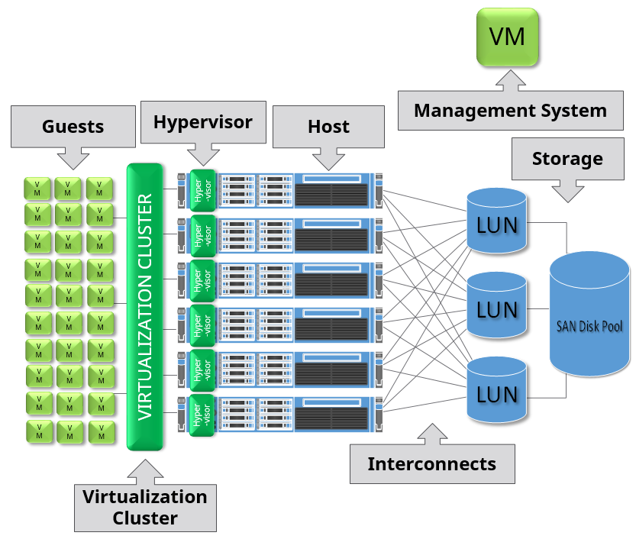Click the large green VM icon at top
[507, 37]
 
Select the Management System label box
[509, 111]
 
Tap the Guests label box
[73, 126]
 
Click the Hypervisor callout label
[203, 121]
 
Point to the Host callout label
[328, 127]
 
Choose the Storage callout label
[567, 159]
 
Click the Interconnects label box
[431, 463]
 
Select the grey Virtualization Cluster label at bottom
[145, 507]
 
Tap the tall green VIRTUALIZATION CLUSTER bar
[145, 306]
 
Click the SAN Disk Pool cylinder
[589, 315]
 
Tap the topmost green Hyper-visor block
[202, 190]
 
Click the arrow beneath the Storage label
[567, 191]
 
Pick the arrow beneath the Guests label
[73, 159]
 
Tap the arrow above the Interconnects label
[431, 434]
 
